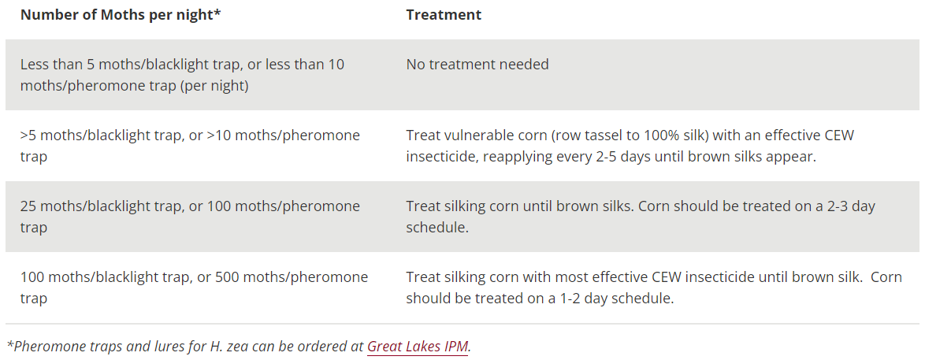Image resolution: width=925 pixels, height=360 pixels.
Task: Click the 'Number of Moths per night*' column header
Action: pyautogui.click(x=121, y=15)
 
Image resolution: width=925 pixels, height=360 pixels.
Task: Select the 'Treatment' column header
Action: pyautogui.click(x=444, y=15)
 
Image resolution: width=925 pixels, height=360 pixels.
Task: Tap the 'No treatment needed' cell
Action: pyautogui.click(x=477, y=64)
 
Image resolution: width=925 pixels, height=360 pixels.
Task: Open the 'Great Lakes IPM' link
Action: pyautogui.click(x=418, y=347)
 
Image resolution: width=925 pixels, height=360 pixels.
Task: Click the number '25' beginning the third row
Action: pyautogui.click(x=28, y=206)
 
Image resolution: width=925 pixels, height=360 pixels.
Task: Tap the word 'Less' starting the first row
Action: pyautogui.click(x=34, y=64)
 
